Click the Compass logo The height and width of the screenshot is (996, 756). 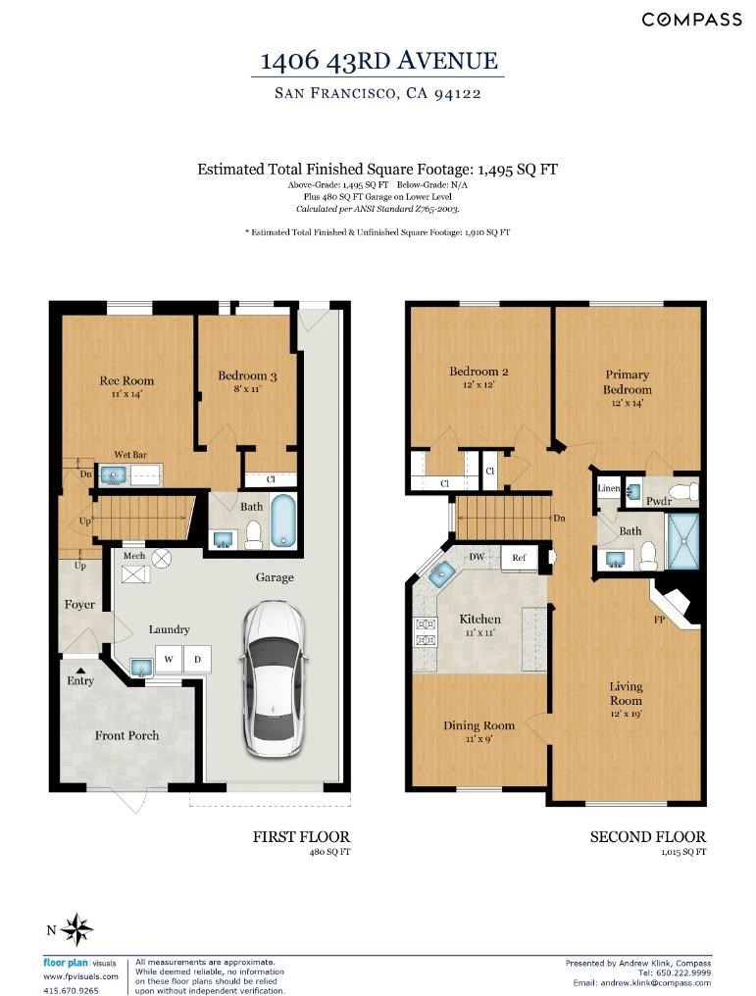692,20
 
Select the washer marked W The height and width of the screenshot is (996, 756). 169,660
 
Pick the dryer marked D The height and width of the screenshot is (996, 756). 197,660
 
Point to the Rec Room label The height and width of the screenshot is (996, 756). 126,380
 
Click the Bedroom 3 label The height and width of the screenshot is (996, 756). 247,375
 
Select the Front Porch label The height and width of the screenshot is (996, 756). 127,735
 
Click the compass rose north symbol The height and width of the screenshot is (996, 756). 76,930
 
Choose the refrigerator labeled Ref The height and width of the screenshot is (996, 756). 519,557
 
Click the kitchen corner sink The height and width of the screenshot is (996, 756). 439,575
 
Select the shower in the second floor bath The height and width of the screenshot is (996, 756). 683,540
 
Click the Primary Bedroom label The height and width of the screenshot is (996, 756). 627,381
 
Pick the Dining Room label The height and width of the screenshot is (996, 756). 479,724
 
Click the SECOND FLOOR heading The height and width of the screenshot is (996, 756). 648,836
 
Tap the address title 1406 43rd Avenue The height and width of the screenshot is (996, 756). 379,60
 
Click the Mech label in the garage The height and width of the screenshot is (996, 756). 134,555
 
